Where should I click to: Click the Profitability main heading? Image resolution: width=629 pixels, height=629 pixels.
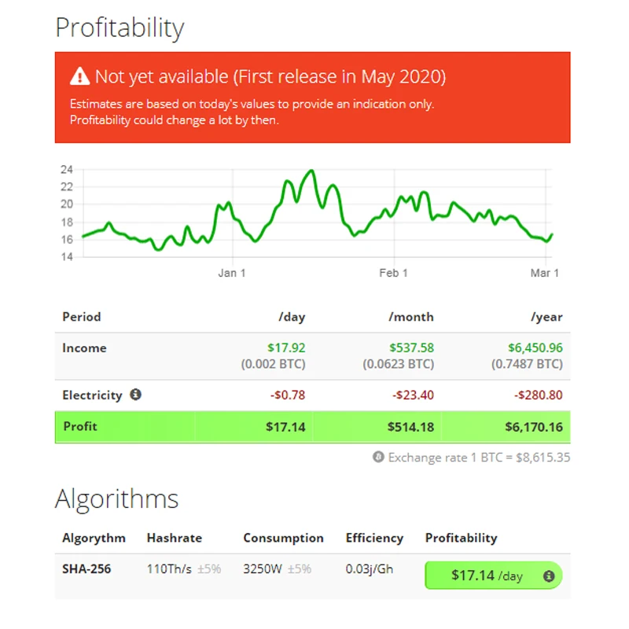[x=120, y=28]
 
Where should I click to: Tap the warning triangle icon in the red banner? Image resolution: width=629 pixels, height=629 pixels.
[x=80, y=76]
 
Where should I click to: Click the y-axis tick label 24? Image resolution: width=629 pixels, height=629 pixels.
[x=67, y=170]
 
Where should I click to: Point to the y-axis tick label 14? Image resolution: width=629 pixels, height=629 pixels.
[x=67, y=257]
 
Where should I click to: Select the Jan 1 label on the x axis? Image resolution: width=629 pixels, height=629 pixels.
[x=232, y=273]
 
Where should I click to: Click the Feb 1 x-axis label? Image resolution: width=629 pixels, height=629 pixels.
[x=393, y=273]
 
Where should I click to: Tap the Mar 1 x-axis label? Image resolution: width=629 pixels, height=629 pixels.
[x=544, y=273]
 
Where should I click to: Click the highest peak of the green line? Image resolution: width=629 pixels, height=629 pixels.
[x=313, y=171]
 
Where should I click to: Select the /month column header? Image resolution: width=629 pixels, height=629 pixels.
[x=410, y=317]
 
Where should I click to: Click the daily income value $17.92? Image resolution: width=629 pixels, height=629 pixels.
[x=286, y=348]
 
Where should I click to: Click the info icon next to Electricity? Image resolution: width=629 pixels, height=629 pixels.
[x=135, y=395]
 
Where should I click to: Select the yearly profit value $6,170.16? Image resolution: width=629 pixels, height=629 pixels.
[x=534, y=427]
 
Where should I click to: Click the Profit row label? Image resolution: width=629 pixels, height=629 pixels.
[x=79, y=426]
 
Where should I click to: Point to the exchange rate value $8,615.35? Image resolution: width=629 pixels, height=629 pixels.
[x=543, y=457]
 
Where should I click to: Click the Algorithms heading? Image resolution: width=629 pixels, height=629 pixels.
[x=116, y=498]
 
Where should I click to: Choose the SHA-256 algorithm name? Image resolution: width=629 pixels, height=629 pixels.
[x=86, y=568]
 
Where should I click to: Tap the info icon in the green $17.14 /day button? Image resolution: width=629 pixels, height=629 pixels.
[x=549, y=576]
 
